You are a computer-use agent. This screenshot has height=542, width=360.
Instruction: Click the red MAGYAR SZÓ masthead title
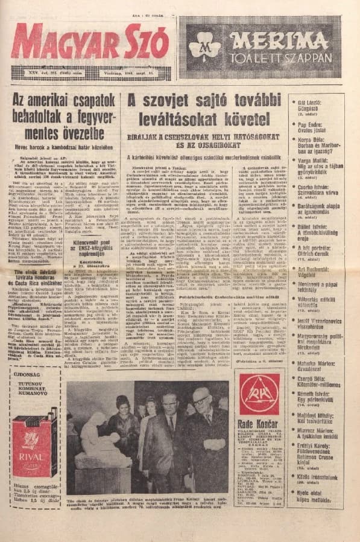coord(90,42)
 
